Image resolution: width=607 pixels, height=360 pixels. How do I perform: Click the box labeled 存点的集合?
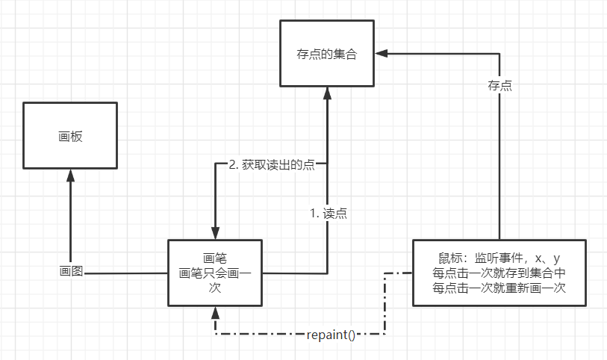click(x=326, y=53)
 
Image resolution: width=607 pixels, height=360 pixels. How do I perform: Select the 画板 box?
click(x=70, y=135)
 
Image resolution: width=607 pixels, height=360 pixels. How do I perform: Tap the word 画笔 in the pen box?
click(x=215, y=258)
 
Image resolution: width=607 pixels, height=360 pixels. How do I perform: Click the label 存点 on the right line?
click(x=499, y=86)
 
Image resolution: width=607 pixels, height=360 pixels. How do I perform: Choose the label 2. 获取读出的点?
click(x=271, y=165)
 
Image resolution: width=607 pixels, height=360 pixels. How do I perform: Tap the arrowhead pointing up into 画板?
click(x=70, y=176)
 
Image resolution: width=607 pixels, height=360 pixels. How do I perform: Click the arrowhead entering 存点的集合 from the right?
click(x=381, y=53)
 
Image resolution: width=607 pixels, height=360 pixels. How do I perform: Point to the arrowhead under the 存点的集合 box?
click(x=327, y=93)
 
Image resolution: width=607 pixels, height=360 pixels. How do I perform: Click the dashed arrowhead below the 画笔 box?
click(x=215, y=312)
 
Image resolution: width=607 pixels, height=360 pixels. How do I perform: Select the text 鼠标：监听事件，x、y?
click(x=499, y=258)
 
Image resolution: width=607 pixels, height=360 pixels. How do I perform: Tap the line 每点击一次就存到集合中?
click(x=499, y=273)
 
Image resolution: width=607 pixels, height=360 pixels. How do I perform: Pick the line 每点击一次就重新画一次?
click(x=499, y=287)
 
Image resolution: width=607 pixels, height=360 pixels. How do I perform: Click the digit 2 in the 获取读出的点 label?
click(x=232, y=165)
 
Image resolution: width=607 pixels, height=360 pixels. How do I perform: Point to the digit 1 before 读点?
click(x=314, y=213)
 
